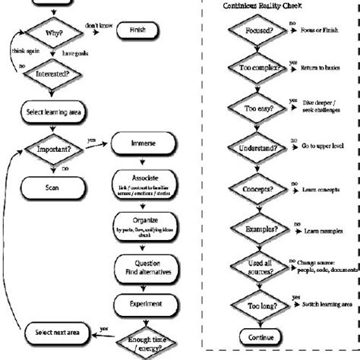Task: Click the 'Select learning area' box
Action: [x=60, y=112]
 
